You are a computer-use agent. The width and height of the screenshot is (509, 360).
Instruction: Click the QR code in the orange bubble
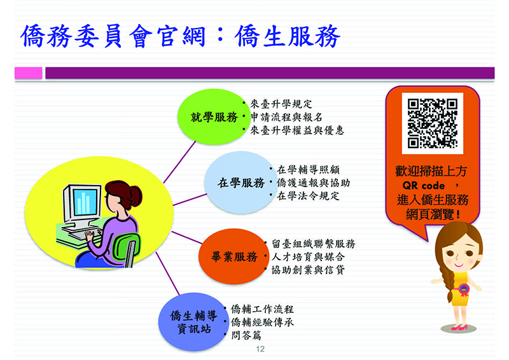pyautogui.click(x=433, y=123)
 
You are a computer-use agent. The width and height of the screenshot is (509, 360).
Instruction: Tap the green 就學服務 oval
pyautogui.click(x=213, y=117)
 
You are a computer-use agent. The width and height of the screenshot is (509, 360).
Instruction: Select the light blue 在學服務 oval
pyautogui.click(x=241, y=183)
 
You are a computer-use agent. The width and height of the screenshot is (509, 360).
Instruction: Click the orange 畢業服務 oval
pyautogui.click(x=234, y=256)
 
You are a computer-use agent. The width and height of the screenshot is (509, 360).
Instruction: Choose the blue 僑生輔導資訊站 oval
pyautogui.click(x=193, y=322)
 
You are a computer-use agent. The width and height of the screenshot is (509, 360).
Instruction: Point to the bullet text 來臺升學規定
pyautogui.click(x=281, y=104)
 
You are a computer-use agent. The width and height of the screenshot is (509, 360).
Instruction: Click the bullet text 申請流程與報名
pyautogui.click(x=287, y=117)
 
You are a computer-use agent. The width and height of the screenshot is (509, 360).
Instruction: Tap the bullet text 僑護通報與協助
pyautogui.click(x=313, y=183)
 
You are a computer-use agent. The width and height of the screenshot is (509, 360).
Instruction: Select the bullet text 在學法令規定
pyautogui.click(x=308, y=196)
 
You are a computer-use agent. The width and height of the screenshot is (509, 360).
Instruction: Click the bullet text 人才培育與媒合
pyautogui.click(x=308, y=257)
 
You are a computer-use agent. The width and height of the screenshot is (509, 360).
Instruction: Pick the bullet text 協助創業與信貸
pyautogui.click(x=308, y=270)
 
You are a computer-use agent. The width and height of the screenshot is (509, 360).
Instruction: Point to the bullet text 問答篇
pyautogui.click(x=246, y=335)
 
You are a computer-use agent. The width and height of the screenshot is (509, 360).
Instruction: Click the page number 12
pyautogui.click(x=260, y=349)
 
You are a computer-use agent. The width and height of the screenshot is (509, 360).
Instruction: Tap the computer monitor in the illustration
pyautogui.click(x=82, y=205)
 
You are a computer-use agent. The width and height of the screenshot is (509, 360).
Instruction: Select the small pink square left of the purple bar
pyautogui.click(x=29, y=73)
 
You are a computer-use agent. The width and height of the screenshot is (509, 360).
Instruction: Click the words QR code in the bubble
pyautogui.click(x=423, y=185)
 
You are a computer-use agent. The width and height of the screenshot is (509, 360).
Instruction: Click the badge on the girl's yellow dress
pyautogui.click(x=463, y=289)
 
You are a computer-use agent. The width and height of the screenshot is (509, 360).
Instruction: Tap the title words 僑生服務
pyautogui.click(x=288, y=36)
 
